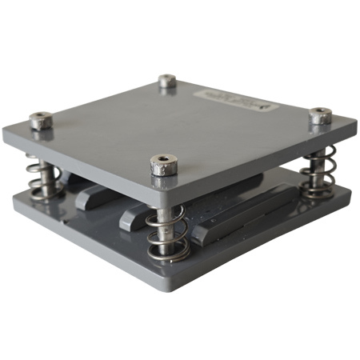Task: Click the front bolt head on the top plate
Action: (163, 165)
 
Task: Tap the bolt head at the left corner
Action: (41, 121)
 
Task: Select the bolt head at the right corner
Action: (321, 116)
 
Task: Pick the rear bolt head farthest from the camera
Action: (167, 81)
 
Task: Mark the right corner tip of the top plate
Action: (355, 124)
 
